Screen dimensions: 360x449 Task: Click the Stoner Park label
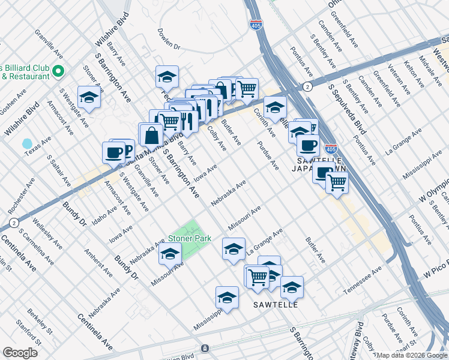[x=189, y=238]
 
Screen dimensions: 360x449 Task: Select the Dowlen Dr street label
[x=169, y=38]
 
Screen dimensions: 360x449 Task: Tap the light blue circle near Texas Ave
[x=26, y=144]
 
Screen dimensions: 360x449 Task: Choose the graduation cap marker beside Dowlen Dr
[x=167, y=76]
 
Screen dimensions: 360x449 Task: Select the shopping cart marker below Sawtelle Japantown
[x=337, y=182]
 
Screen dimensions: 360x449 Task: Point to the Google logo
[x=20, y=352]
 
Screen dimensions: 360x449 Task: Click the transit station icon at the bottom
[x=205, y=349]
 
